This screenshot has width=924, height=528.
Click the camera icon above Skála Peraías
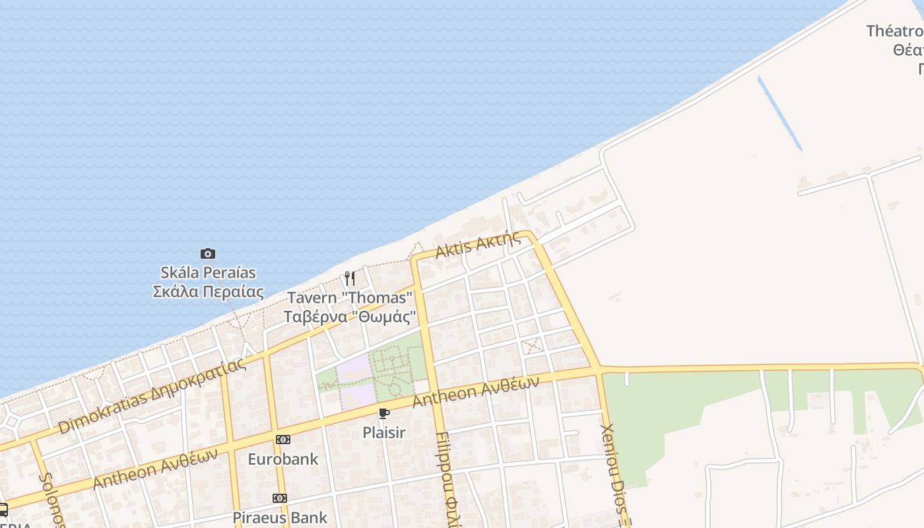208,253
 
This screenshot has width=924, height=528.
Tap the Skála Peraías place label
208,282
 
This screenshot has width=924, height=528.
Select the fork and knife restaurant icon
350,279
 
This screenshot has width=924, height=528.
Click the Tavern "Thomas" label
349,307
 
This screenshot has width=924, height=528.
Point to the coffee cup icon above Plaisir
383,414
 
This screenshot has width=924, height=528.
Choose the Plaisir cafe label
383,433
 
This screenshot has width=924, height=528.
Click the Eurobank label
282,459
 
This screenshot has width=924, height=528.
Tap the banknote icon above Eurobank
282,440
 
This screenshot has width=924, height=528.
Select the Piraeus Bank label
280,517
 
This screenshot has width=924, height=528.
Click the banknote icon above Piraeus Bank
280,498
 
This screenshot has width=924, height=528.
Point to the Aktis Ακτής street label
478,246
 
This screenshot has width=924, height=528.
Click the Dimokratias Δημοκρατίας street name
152,396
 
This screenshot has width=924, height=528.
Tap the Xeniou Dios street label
614,472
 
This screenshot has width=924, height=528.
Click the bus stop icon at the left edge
3,510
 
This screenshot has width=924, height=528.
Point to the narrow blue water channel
780,114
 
